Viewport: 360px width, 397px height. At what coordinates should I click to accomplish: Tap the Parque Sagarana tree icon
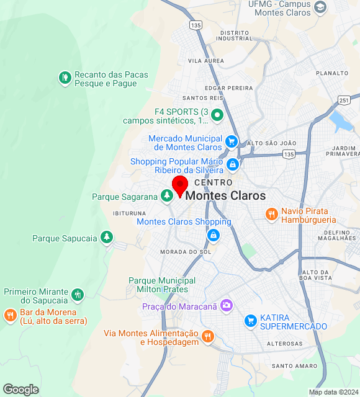tap(166, 196)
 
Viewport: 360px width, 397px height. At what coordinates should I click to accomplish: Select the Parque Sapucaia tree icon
tap(107, 237)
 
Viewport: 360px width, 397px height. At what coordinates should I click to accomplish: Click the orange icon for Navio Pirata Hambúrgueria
tap(271, 215)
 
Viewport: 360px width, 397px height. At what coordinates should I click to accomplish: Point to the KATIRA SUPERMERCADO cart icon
tap(251, 321)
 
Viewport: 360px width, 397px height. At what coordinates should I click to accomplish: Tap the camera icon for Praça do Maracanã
tap(227, 305)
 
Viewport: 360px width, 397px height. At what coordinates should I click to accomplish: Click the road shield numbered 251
tap(344, 100)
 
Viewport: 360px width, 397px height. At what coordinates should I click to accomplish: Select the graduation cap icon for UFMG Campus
tap(320, 7)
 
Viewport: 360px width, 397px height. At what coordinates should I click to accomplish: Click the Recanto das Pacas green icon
tap(65, 78)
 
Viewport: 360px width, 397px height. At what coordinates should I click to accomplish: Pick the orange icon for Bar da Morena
tap(10, 315)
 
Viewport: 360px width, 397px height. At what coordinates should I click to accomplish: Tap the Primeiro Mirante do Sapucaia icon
tap(77, 295)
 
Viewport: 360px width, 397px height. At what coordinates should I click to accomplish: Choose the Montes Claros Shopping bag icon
tap(213, 235)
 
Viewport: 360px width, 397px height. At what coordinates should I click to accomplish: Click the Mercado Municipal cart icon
tap(232, 141)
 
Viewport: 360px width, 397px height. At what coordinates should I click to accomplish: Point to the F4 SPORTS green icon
tap(217, 115)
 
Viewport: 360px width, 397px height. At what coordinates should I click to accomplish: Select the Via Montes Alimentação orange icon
tap(208, 337)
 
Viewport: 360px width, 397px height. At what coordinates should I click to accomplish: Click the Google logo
tap(20, 390)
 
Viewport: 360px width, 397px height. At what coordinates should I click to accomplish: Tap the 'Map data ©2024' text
tap(333, 392)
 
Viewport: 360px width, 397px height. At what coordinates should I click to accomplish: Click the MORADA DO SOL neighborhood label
tap(186, 252)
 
